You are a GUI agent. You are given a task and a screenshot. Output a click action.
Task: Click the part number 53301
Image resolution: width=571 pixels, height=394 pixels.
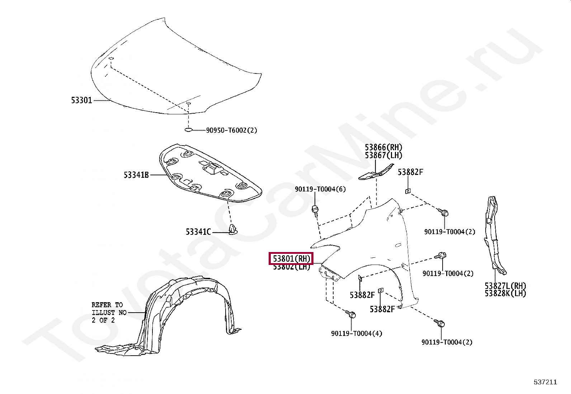81,100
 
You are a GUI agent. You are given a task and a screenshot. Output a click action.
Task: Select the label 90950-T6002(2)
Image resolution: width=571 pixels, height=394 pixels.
231,130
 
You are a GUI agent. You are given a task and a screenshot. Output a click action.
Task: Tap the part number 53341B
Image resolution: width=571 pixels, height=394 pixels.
136,175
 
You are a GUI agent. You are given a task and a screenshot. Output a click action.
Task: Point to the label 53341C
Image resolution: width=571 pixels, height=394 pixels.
198,232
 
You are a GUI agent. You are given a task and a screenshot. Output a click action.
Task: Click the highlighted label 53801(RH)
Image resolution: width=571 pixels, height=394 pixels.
291,258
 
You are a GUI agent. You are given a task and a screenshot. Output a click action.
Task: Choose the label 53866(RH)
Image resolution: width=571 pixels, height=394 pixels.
383,147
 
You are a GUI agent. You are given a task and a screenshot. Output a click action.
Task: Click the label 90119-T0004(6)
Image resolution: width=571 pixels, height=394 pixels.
320,189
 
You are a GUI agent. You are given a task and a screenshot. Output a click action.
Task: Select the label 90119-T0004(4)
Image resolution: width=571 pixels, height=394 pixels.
357,333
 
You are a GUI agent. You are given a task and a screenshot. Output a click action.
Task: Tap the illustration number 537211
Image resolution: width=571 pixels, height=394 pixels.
545,382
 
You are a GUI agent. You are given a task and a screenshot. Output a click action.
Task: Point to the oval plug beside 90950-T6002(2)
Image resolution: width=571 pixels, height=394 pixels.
189,130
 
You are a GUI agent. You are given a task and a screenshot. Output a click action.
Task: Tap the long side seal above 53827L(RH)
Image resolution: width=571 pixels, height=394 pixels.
494,233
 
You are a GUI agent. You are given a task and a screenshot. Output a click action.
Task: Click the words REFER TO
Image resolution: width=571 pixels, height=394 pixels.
107,305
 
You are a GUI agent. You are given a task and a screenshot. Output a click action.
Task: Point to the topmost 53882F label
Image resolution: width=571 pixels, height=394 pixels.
410,172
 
